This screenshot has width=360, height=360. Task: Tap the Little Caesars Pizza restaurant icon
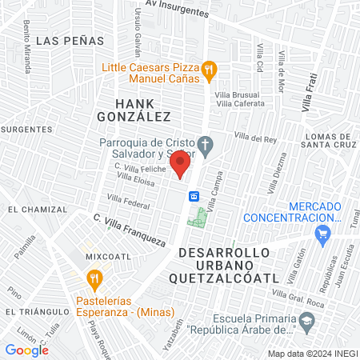coord(208,70)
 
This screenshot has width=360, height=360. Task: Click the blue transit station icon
coord(194,196)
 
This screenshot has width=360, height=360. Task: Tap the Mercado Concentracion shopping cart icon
coord(323,234)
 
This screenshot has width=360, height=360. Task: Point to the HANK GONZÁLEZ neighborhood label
coord(143,110)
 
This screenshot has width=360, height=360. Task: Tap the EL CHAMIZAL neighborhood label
coord(38,209)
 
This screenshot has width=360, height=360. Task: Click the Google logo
coord(27,350)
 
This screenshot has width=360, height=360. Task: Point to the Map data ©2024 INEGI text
coord(310,354)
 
